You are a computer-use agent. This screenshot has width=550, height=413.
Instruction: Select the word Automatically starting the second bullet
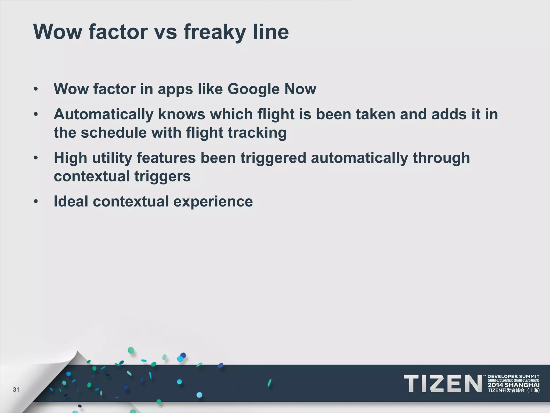point(103,115)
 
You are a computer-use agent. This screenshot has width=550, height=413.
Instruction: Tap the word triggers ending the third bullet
point(162,176)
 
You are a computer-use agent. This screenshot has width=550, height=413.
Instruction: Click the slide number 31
point(16,390)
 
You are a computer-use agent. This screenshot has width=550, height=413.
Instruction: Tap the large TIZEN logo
point(443,383)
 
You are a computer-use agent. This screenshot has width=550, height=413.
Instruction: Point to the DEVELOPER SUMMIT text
point(513,376)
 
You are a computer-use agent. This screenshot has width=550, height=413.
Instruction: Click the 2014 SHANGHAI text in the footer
point(513,385)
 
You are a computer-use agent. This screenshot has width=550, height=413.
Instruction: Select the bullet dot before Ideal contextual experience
point(36,201)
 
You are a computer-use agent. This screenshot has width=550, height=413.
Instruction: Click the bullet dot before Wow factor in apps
point(36,89)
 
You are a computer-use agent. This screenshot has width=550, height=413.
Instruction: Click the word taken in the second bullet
point(375,115)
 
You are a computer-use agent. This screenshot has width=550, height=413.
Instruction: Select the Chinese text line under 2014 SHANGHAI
point(513,391)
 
